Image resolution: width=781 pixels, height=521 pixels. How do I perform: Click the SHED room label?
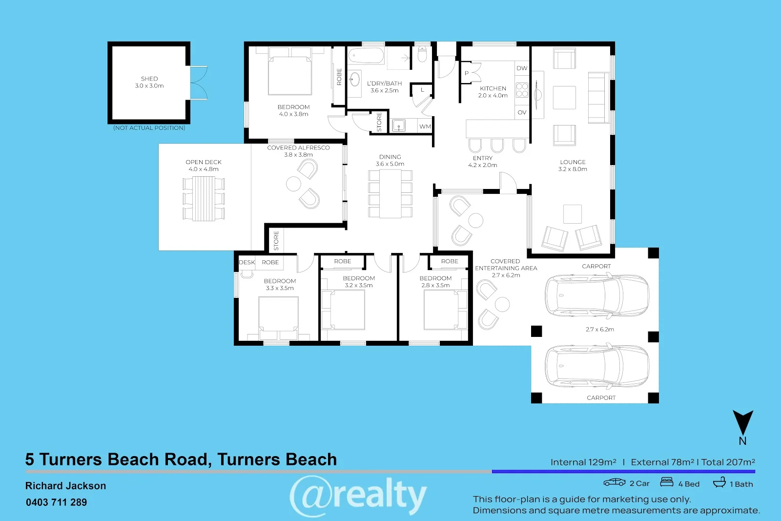149,79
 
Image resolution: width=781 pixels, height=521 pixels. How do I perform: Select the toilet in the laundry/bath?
422,55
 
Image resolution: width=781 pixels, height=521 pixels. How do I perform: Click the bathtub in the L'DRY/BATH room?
366,56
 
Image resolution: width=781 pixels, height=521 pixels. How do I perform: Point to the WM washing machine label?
425,126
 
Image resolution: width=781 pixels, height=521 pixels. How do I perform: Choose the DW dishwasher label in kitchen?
522,68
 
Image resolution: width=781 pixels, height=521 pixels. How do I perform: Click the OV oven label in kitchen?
522,112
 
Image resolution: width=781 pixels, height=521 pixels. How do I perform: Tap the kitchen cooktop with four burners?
522,90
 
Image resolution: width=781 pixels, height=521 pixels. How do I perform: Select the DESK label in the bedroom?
247,262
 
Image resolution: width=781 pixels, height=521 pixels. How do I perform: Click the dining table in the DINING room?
390,193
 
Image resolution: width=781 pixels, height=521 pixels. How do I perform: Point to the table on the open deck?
204,198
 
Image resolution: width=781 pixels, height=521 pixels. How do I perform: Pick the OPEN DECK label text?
204,162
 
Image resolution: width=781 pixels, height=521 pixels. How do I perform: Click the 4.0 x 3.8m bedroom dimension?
293,114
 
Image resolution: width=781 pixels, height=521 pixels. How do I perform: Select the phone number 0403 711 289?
57,502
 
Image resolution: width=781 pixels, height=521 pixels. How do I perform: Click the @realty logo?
358,495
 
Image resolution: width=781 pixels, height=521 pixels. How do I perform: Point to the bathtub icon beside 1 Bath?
719,482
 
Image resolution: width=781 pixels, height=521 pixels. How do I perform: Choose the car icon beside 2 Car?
615,482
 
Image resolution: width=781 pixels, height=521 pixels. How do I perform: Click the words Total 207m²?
728,462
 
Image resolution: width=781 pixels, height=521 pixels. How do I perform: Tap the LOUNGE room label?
573,162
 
